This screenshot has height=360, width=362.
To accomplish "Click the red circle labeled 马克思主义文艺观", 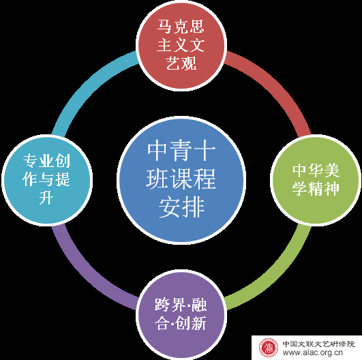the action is click(181, 44).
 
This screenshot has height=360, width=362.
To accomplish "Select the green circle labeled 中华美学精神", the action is click(316, 179).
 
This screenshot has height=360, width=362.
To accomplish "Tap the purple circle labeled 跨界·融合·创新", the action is click(181, 314).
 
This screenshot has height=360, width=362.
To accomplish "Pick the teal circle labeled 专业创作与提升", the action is click(47, 179).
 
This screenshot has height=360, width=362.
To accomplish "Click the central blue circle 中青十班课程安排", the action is click(181, 179).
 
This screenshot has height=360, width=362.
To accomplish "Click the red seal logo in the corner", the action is click(268, 348).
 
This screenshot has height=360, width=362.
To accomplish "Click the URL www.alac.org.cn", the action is click(312, 353).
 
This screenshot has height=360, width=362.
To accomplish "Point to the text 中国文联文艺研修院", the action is click(319, 344).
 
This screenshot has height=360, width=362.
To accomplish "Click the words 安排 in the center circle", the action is click(182, 207).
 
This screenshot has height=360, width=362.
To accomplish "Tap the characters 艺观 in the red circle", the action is click(181, 63).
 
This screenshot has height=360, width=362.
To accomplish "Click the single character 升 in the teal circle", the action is click(46, 198).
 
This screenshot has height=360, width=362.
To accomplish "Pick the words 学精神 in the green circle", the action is click(316, 189).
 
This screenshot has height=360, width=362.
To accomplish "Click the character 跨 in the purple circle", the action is click(162, 305).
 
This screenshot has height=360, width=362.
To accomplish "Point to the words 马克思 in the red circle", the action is click(181, 27).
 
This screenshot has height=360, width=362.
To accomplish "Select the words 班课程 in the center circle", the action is click(181, 179).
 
